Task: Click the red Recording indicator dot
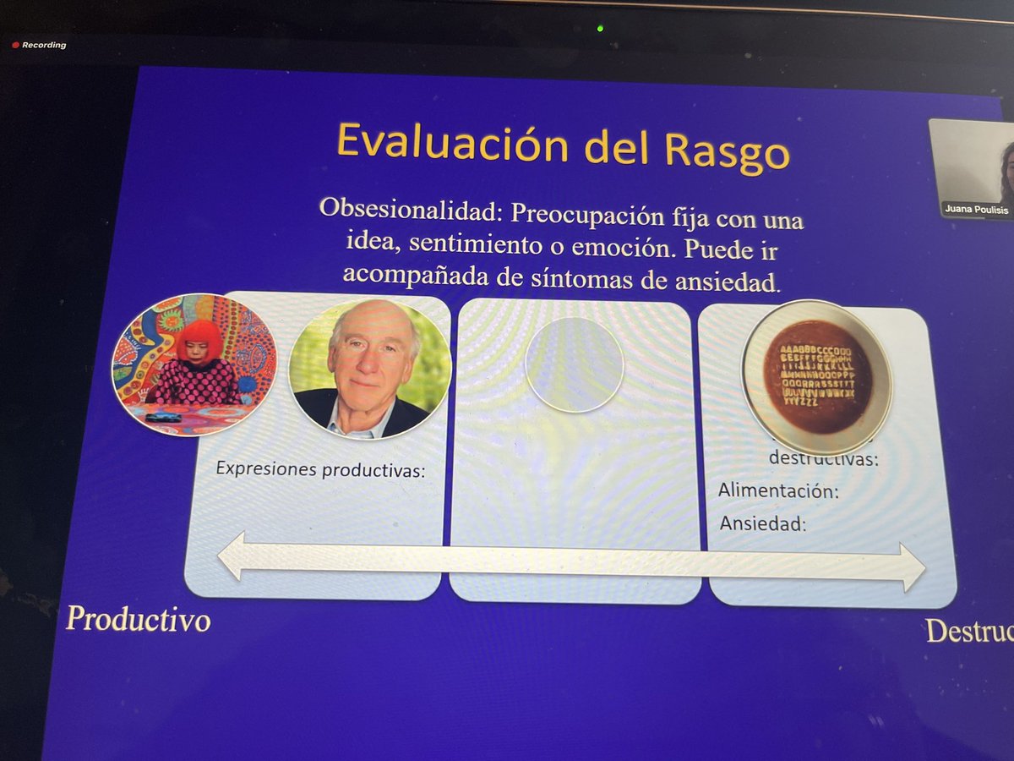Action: coord(14,45)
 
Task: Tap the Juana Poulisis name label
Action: coord(977,209)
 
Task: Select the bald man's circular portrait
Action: coord(369,369)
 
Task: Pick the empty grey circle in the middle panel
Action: coord(575,364)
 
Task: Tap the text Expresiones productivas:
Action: coord(319,469)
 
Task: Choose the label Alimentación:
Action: coord(778,490)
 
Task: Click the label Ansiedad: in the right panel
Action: coord(763,524)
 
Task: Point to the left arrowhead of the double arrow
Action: coord(232,556)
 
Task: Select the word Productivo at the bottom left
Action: coord(138,620)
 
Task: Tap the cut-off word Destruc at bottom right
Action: coord(968,632)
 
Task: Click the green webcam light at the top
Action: coord(599,27)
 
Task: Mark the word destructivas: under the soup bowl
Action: coord(823,460)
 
